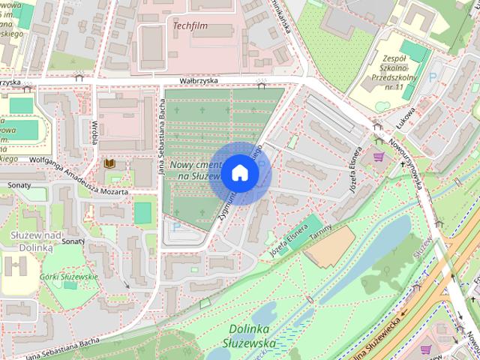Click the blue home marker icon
pos(239,172)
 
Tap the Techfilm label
pos(190,26)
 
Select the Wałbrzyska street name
pos(197,81)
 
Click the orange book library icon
pos(109,163)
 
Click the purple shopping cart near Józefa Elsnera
pos(378,157)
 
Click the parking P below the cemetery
pos(177,226)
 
